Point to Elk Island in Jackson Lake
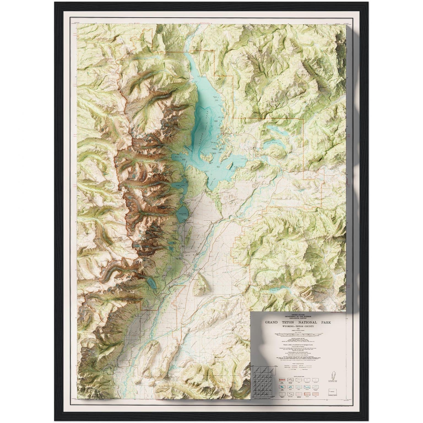[207, 158]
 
